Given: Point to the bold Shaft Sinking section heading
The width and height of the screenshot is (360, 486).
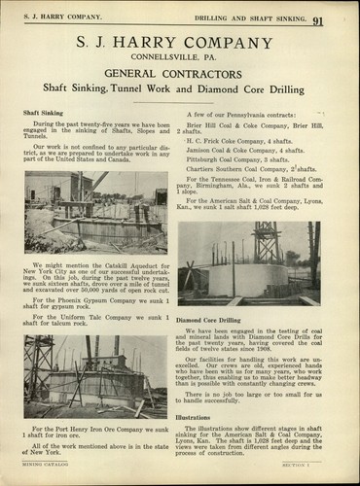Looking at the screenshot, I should (44, 113).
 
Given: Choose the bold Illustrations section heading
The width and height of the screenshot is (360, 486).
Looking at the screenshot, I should (194, 416).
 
